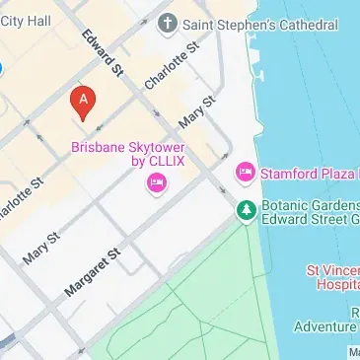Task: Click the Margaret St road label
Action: click(92, 272)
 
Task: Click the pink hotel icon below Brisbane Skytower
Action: click(156, 183)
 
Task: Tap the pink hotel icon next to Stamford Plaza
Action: click(245, 173)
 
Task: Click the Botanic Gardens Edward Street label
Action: click(309, 212)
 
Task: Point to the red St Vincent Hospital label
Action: click(331, 275)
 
